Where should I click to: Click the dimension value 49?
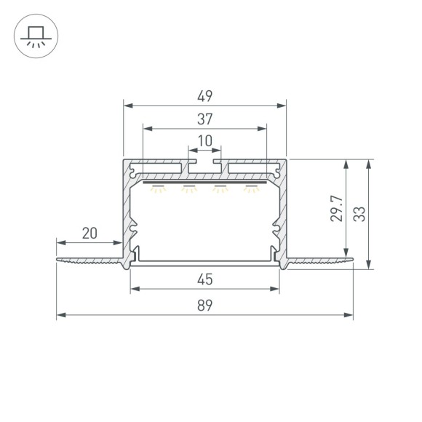(204, 95)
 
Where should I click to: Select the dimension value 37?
(204, 118)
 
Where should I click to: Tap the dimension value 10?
(204, 140)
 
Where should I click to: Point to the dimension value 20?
(89, 234)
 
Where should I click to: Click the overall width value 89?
(204, 306)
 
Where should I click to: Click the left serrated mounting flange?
(91, 260)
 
